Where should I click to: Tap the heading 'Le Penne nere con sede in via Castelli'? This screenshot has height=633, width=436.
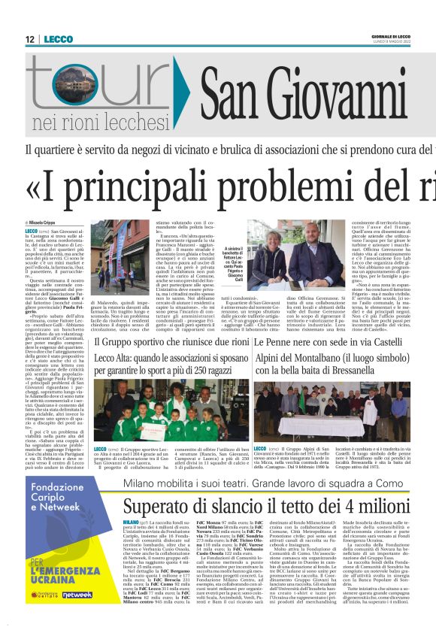(324, 342)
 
